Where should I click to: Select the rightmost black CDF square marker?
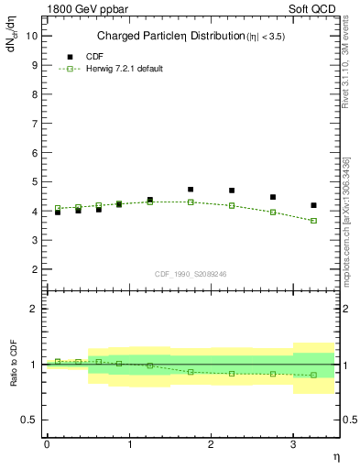tap(314, 205)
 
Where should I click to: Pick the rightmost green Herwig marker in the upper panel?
tap(314, 221)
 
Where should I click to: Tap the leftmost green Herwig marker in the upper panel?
tap(58, 208)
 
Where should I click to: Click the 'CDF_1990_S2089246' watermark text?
tap(190, 273)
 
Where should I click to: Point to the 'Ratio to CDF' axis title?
tap(13, 364)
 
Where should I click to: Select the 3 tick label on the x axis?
tap(293, 444)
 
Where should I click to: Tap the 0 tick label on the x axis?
tap(47, 444)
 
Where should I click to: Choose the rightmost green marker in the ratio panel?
tap(314, 375)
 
